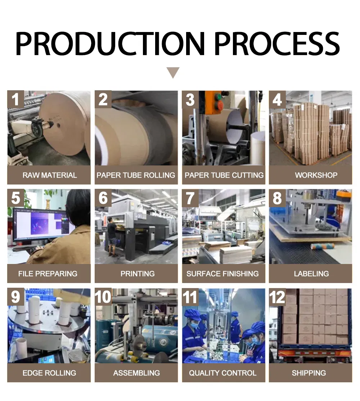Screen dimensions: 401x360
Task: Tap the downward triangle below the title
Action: point(173,73)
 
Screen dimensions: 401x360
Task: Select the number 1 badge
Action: point(15,99)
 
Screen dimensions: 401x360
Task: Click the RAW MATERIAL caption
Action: point(49,176)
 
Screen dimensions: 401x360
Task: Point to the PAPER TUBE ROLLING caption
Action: point(136,176)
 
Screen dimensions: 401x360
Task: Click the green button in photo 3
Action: point(218,96)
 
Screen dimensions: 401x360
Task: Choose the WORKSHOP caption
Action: point(311,176)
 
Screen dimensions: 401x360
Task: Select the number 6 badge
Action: point(103,198)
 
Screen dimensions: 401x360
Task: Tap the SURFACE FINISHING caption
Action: point(223,274)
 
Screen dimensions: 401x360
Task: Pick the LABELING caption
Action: point(311,274)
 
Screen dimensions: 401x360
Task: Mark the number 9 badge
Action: point(15,297)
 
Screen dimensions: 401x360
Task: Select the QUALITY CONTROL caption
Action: point(223,373)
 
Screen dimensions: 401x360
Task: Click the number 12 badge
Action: point(278,297)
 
